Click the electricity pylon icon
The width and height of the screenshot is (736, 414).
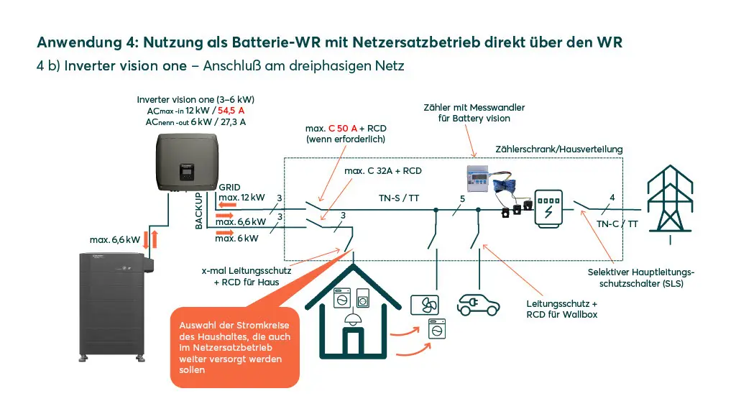[670, 202]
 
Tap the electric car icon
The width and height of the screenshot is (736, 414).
[478, 305]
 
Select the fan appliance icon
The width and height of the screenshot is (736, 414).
[425, 305]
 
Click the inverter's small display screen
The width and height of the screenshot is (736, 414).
[186, 172]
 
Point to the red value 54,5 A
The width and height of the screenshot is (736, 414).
[231, 111]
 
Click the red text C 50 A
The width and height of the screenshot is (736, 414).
[343, 128]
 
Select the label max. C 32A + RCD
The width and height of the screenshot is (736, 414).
[383, 171]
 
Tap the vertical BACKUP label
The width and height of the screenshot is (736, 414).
[198, 211]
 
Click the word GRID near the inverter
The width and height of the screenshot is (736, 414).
[229, 188]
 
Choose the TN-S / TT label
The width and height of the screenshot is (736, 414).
[399, 198]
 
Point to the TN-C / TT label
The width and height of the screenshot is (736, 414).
[617, 224]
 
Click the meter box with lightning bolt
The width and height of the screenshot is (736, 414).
[548, 209]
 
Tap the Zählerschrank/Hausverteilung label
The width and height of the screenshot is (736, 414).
[559, 149]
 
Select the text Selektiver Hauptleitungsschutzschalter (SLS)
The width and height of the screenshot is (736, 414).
[641, 278]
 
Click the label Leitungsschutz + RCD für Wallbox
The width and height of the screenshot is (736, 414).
[562, 309]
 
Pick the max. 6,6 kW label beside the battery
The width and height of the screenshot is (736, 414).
[115, 240]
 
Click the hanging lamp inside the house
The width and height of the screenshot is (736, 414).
[352, 318]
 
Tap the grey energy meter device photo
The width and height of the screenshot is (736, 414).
[478, 178]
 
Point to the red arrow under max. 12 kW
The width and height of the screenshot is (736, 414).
[228, 205]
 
